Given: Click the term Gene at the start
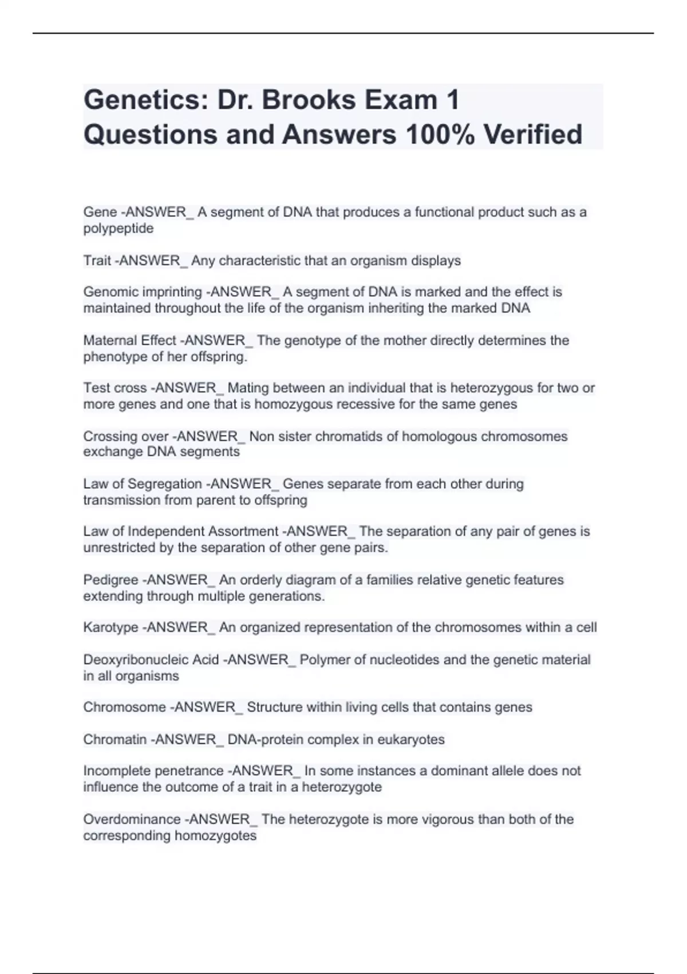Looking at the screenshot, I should tap(100, 212).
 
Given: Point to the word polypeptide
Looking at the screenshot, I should tap(119, 229).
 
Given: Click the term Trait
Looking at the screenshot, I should tap(97, 261).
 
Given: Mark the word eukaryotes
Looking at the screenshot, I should tap(410, 740).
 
